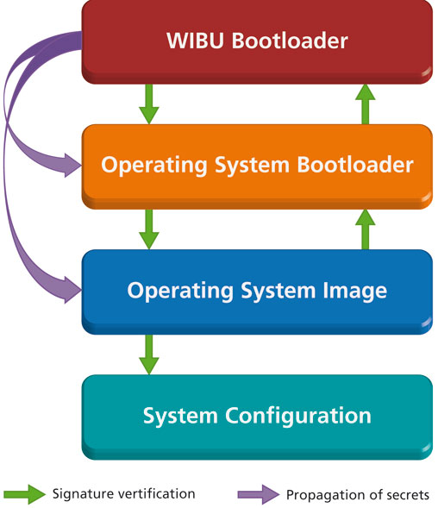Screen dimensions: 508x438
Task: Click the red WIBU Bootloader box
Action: [x=257, y=41]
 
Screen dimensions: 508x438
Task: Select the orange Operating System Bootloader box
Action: [x=257, y=165]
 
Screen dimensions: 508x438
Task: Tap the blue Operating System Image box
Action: [x=257, y=290]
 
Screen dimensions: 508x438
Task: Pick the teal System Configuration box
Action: [x=257, y=415]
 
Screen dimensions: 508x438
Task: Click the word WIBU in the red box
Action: [x=190, y=41]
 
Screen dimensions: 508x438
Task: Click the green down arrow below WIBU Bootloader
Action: [x=149, y=103]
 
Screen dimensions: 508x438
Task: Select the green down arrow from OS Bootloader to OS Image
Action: [x=149, y=229]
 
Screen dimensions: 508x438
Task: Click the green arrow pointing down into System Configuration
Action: [x=149, y=354]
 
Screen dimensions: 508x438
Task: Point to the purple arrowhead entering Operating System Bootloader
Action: [x=69, y=162]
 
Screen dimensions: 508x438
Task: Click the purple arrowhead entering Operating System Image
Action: [x=69, y=286]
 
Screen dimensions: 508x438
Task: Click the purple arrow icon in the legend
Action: [x=258, y=494]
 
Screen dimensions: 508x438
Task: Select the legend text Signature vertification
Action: [x=123, y=494]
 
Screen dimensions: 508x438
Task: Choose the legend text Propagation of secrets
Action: [x=358, y=494]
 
